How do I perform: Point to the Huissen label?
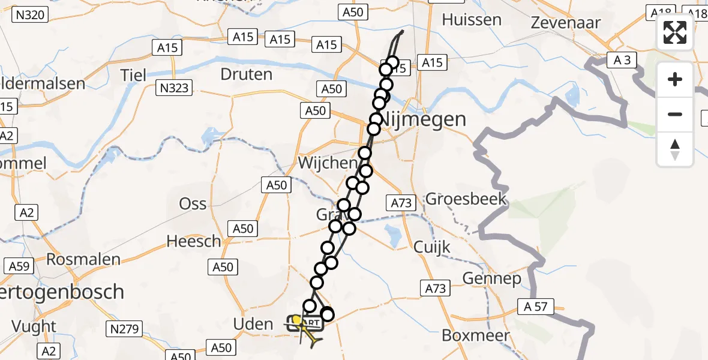[472, 19]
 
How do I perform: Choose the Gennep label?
[492, 278]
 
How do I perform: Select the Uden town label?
[253, 325]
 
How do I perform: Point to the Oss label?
[193, 204]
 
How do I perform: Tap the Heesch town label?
[194, 241]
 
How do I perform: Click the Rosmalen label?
[83, 260]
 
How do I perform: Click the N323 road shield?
[175, 89]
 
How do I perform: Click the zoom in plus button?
[675, 79]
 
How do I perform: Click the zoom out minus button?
[675, 114]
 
